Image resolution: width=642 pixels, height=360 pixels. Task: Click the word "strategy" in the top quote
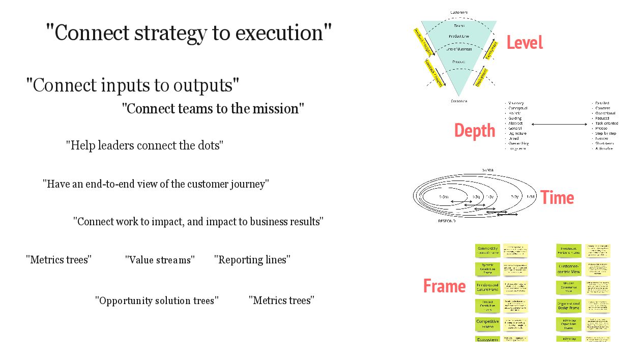169,33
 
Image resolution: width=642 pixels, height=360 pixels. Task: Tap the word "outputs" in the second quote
203,85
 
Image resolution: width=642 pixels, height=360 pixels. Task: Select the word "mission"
279,109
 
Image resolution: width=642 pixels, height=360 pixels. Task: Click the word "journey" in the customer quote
248,184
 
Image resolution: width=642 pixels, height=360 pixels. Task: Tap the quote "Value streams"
160,260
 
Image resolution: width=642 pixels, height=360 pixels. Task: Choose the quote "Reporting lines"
252,260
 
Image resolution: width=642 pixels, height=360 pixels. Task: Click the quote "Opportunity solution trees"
157,301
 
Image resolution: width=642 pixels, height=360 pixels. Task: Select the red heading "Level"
524,43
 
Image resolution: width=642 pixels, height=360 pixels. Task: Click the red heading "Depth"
475,131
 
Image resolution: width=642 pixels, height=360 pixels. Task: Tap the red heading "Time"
557,197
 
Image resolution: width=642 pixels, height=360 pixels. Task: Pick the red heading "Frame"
444,286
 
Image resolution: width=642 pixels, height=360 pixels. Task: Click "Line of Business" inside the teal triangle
459,49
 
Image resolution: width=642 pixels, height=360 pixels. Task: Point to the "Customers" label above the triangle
459,12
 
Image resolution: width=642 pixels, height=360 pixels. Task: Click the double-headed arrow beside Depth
559,124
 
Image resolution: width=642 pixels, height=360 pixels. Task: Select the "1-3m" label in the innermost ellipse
444,196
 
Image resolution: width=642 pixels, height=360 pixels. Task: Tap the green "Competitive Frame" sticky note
487,324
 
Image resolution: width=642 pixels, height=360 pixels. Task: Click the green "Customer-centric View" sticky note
568,269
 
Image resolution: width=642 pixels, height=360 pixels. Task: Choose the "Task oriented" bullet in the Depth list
607,123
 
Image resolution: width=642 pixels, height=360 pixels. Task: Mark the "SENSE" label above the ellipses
487,170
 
